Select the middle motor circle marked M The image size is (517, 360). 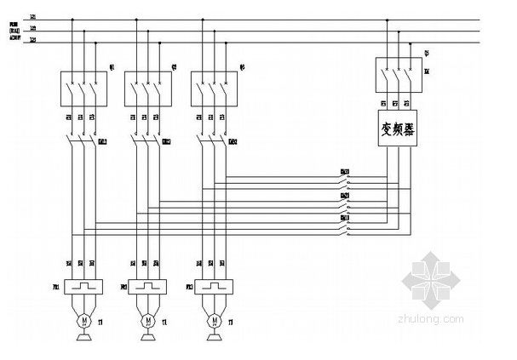pyautogui.click(x=148, y=319)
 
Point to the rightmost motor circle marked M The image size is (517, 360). pyautogui.click(x=215, y=319)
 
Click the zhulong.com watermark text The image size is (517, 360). pyautogui.click(x=439, y=318)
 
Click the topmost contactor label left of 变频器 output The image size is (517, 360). pyautogui.click(x=345, y=171)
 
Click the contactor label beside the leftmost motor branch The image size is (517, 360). pyautogui.click(x=103, y=140)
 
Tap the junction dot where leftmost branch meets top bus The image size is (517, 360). pyautogui.click(x=73, y=19)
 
